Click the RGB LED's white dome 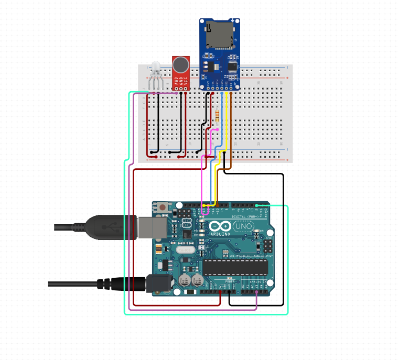tap(155, 67)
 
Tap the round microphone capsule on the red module tap(181, 65)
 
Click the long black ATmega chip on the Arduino tap(230, 266)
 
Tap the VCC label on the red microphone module tap(186, 81)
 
